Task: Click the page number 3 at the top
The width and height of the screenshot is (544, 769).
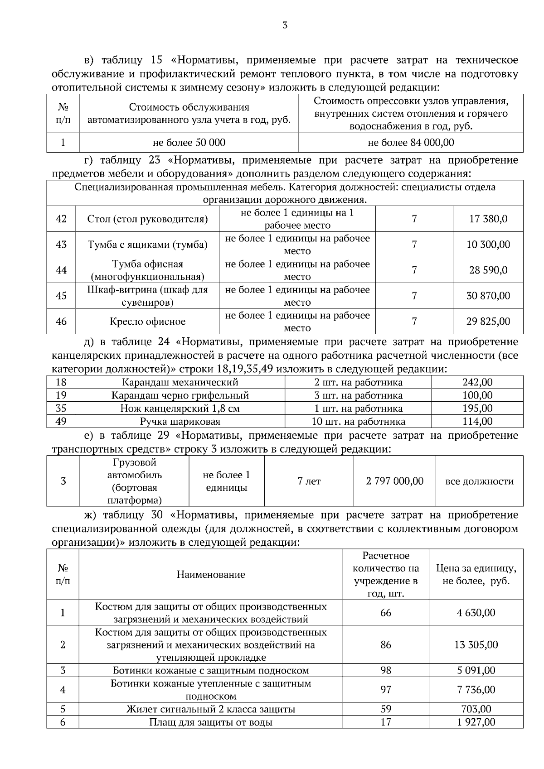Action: (285, 25)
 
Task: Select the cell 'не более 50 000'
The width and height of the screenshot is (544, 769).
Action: (189, 143)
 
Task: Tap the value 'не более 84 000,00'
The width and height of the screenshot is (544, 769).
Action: (411, 143)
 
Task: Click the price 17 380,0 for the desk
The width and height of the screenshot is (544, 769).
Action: (488, 219)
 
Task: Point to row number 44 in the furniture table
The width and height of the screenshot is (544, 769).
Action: (61, 270)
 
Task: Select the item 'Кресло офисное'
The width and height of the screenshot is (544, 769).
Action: (147, 322)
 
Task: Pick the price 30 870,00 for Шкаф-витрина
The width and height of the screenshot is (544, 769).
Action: (488, 296)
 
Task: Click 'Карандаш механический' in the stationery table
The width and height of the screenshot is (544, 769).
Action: (180, 383)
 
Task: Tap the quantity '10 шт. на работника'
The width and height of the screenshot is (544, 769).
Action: (358, 422)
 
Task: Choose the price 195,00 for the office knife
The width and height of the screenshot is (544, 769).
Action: (477, 409)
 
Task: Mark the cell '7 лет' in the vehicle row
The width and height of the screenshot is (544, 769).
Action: (309, 481)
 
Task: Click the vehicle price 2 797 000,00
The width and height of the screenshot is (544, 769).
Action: (395, 481)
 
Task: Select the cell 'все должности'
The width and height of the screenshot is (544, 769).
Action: (480, 481)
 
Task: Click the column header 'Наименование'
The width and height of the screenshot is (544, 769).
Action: (211, 575)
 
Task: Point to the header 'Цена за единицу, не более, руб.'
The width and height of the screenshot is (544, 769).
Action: (476, 575)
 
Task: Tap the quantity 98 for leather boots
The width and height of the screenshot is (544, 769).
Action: (386, 670)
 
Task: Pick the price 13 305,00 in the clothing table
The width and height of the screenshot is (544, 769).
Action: (476, 645)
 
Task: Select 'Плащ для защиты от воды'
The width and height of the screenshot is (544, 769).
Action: (211, 722)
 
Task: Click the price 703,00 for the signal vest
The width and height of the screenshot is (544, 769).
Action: (476, 709)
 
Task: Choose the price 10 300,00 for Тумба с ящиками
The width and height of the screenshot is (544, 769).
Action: (488, 245)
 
